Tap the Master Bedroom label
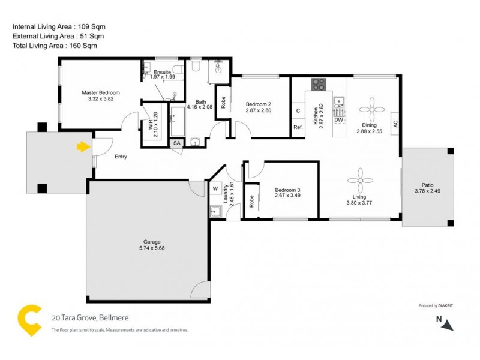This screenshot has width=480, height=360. [x=101, y=92]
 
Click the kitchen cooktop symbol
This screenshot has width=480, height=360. [x=318, y=85]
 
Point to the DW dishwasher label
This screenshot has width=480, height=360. [x=339, y=120]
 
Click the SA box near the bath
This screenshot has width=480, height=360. [x=177, y=144]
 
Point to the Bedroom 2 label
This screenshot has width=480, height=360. [x=259, y=104]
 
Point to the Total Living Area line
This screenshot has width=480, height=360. [x=55, y=46]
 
